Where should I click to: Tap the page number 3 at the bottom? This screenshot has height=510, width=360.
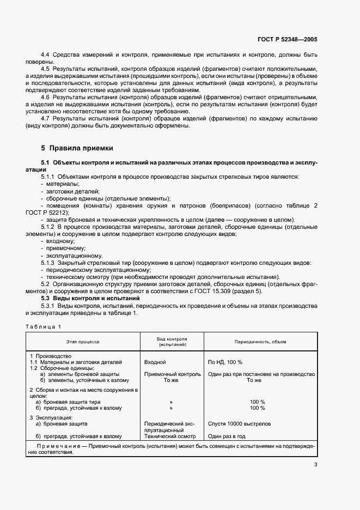click(x=315, y=465)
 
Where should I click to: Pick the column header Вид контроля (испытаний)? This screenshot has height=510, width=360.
click(x=172, y=342)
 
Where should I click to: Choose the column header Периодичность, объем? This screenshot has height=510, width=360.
click(x=260, y=342)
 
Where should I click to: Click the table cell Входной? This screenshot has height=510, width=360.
click(x=155, y=362)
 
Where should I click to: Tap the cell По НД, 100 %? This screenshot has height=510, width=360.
click(x=225, y=362)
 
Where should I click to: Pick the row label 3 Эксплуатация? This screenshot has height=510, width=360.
click(x=53, y=417)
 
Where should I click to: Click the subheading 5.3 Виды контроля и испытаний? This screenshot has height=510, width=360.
click(x=91, y=299)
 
